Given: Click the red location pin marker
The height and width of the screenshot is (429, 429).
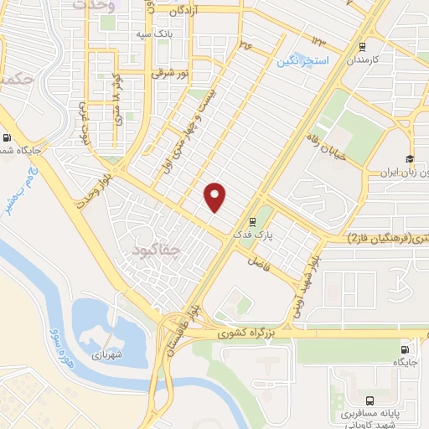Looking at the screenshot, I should pyautogui.click(x=216, y=196).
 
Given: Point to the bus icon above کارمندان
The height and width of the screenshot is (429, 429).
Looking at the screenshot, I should pyautogui.click(x=362, y=46).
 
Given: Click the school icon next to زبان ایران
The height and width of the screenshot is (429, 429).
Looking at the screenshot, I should pyautogui.click(x=410, y=159).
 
